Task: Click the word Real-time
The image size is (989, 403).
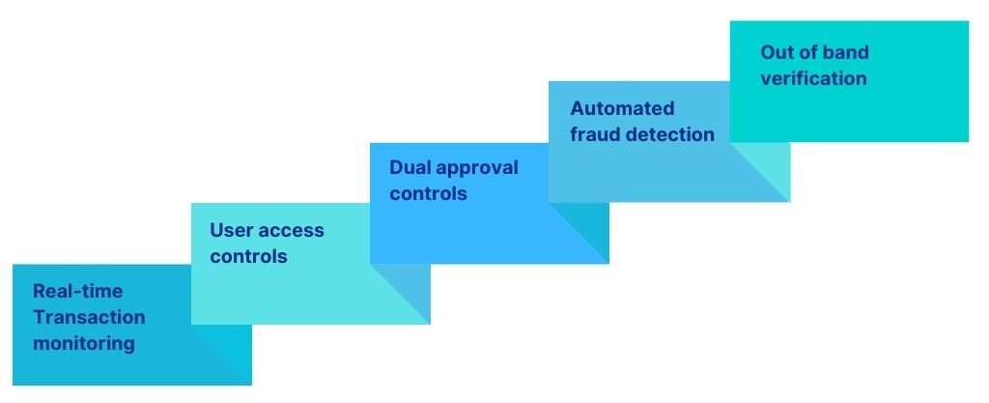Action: pyautogui.click(x=77, y=291)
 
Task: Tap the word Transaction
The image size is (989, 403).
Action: pyautogui.click(x=89, y=317)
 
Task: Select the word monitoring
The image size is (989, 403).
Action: pyautogui.click(x=84, y=343)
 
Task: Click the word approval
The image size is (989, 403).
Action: pyautogui.click(x=477, y=168)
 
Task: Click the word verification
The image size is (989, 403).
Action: pyautogui.click(x=813, y=78)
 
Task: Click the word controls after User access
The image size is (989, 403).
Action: pyautogui.click(x=248, y=257)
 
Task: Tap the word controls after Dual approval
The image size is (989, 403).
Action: pyautogui.click(x=428, y=193)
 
